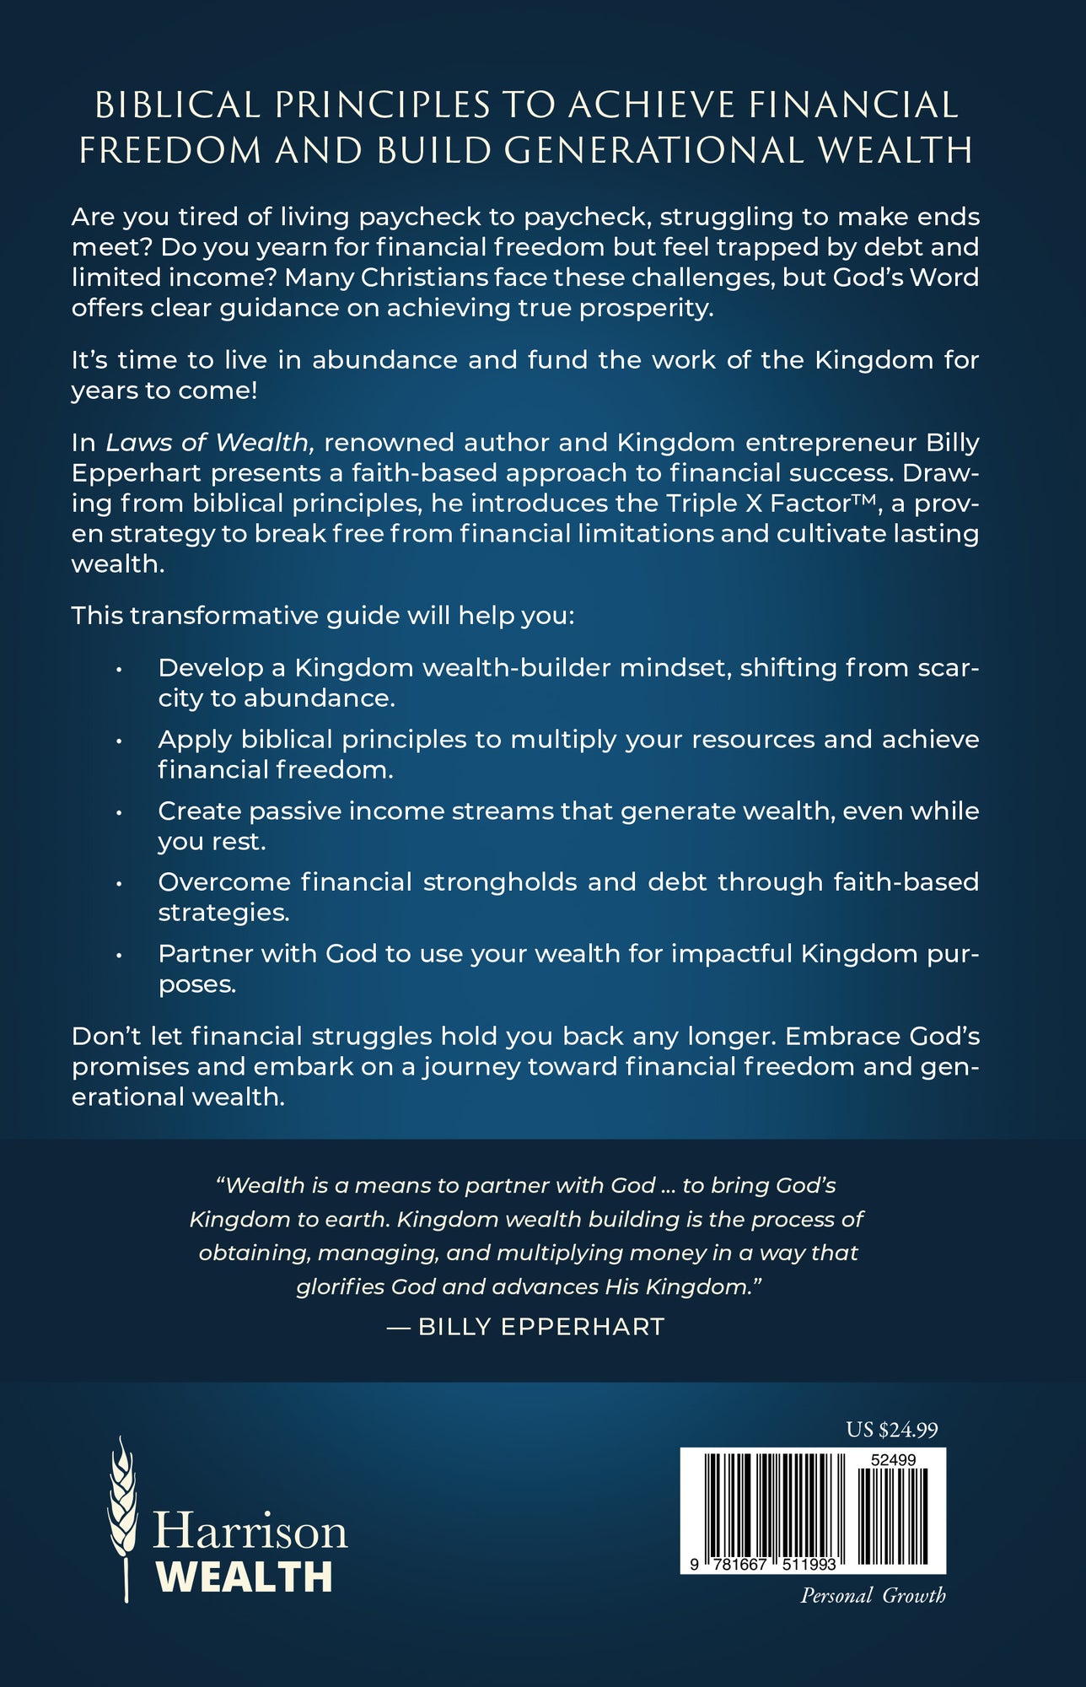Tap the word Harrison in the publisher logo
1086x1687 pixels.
[250, 1530]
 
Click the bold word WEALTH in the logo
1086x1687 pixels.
[245, 1577]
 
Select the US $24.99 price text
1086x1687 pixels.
[892, 1430]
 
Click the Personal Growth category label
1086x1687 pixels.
[873, 1595]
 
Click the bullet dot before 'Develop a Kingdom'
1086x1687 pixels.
[120, 669]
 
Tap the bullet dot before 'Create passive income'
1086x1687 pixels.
[120, 812]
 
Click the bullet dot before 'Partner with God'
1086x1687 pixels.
[120, 955]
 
